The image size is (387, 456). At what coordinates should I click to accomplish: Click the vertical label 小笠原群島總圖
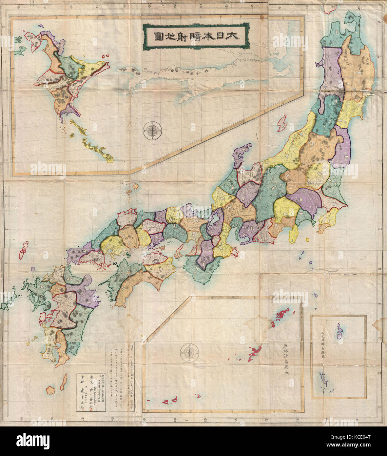[322, 347]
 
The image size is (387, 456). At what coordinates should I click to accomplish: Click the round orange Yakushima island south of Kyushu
[50, 390]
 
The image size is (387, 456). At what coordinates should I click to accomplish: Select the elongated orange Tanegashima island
[63, 382]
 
